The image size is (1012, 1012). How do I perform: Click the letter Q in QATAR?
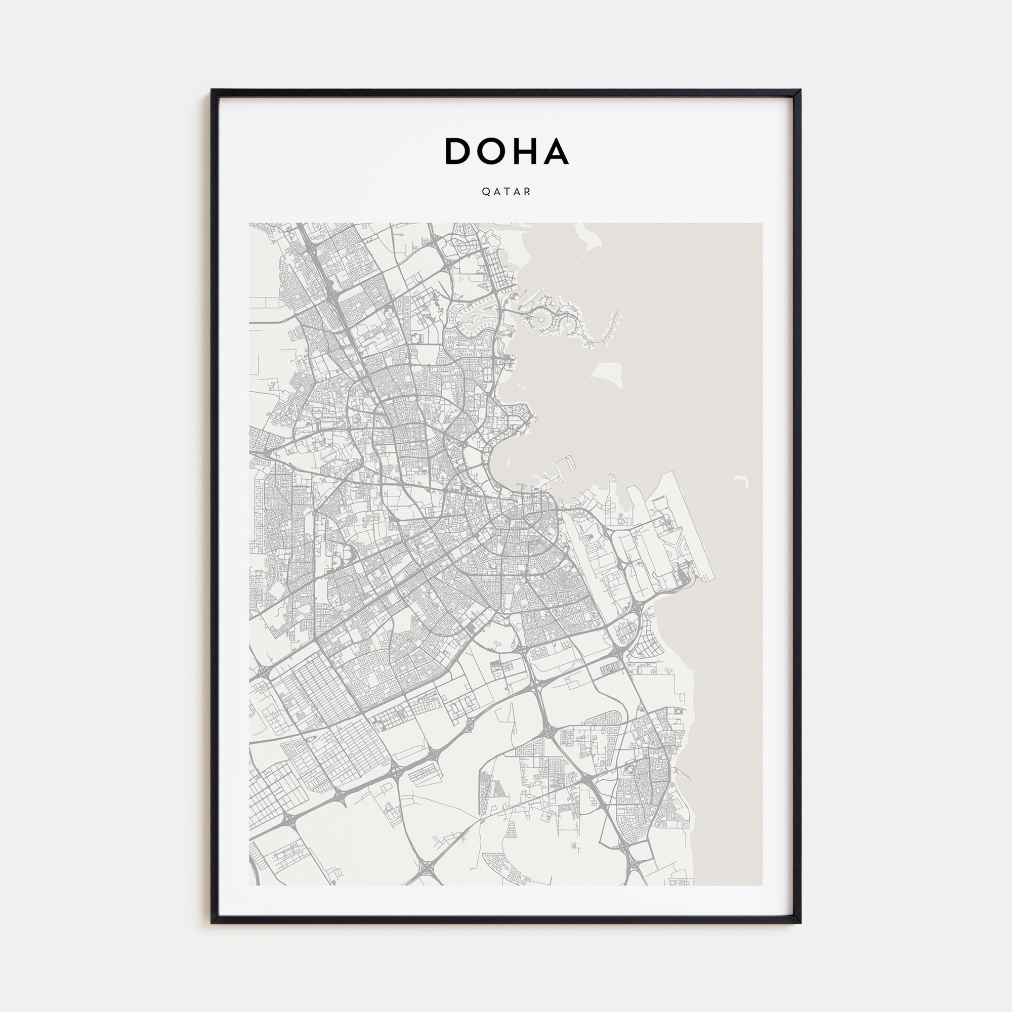pos(485,192)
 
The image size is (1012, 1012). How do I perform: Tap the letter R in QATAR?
pos(528,192)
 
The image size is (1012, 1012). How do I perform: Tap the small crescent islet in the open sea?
pos(742,480)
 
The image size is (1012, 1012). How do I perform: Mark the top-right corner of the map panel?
pos(762,224)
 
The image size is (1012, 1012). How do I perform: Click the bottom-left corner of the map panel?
pos(249,885)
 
